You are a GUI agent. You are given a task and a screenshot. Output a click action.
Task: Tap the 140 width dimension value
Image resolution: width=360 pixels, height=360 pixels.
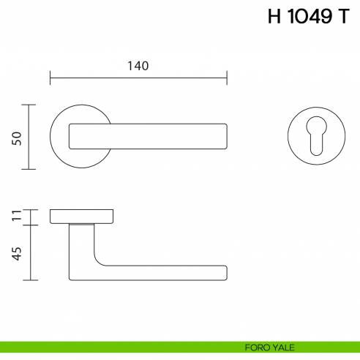click(138, 66)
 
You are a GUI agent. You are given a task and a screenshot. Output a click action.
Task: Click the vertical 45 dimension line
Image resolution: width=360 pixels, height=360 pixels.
click(29, 252)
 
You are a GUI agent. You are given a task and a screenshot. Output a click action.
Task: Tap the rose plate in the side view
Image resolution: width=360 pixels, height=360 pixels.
click(82, 216)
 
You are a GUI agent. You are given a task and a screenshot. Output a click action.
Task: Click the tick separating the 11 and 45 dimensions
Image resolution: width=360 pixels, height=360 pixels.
click(29, 225)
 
